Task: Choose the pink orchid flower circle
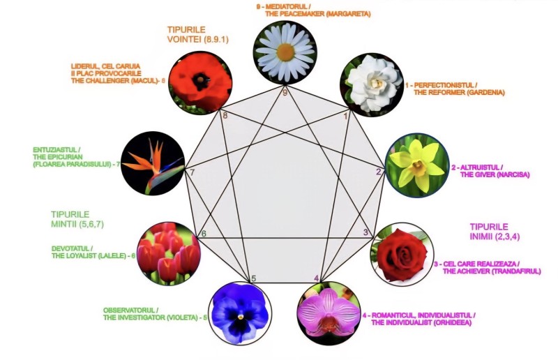pos(329,310)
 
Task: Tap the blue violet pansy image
pos(240,310)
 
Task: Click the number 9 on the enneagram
pos(285,92)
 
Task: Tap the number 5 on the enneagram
pos(254,279)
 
